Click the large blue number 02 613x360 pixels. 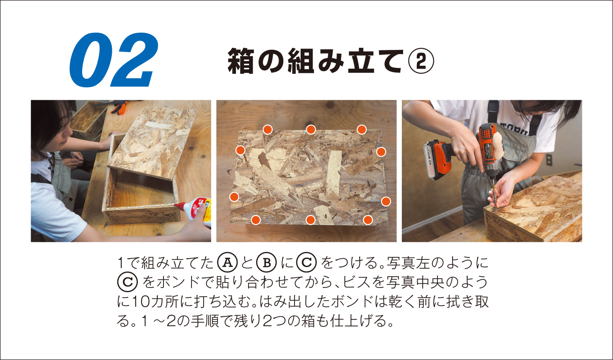114,60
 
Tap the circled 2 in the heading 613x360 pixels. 421,61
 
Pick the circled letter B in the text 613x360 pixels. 266,262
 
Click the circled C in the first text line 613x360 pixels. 307,262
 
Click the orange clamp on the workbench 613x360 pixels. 118,107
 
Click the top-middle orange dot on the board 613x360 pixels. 310,129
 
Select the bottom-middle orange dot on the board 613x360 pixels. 310,220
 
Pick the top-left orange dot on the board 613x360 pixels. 267,129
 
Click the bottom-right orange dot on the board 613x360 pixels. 368,220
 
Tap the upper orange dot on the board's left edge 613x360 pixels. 240,150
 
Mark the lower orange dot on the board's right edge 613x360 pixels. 386,202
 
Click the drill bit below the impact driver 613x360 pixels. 494,195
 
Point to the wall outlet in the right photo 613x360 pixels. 549,160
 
